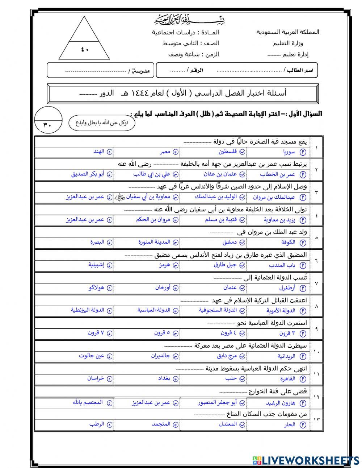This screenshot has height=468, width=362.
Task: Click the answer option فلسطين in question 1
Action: point(228,152)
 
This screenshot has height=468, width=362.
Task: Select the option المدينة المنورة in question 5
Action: point(154,242)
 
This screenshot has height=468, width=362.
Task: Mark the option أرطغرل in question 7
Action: point(287,288)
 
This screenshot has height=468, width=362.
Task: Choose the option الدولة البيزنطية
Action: point(87,310)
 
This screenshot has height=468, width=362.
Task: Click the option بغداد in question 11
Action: point(164,378)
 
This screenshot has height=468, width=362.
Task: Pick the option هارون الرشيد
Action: point(281,403)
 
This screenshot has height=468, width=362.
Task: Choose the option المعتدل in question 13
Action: point(228,424)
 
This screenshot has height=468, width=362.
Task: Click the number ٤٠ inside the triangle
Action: point(84,50)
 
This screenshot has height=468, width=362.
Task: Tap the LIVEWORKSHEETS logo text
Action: point(306,460)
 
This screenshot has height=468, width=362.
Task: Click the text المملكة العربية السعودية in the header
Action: point(288,32)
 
